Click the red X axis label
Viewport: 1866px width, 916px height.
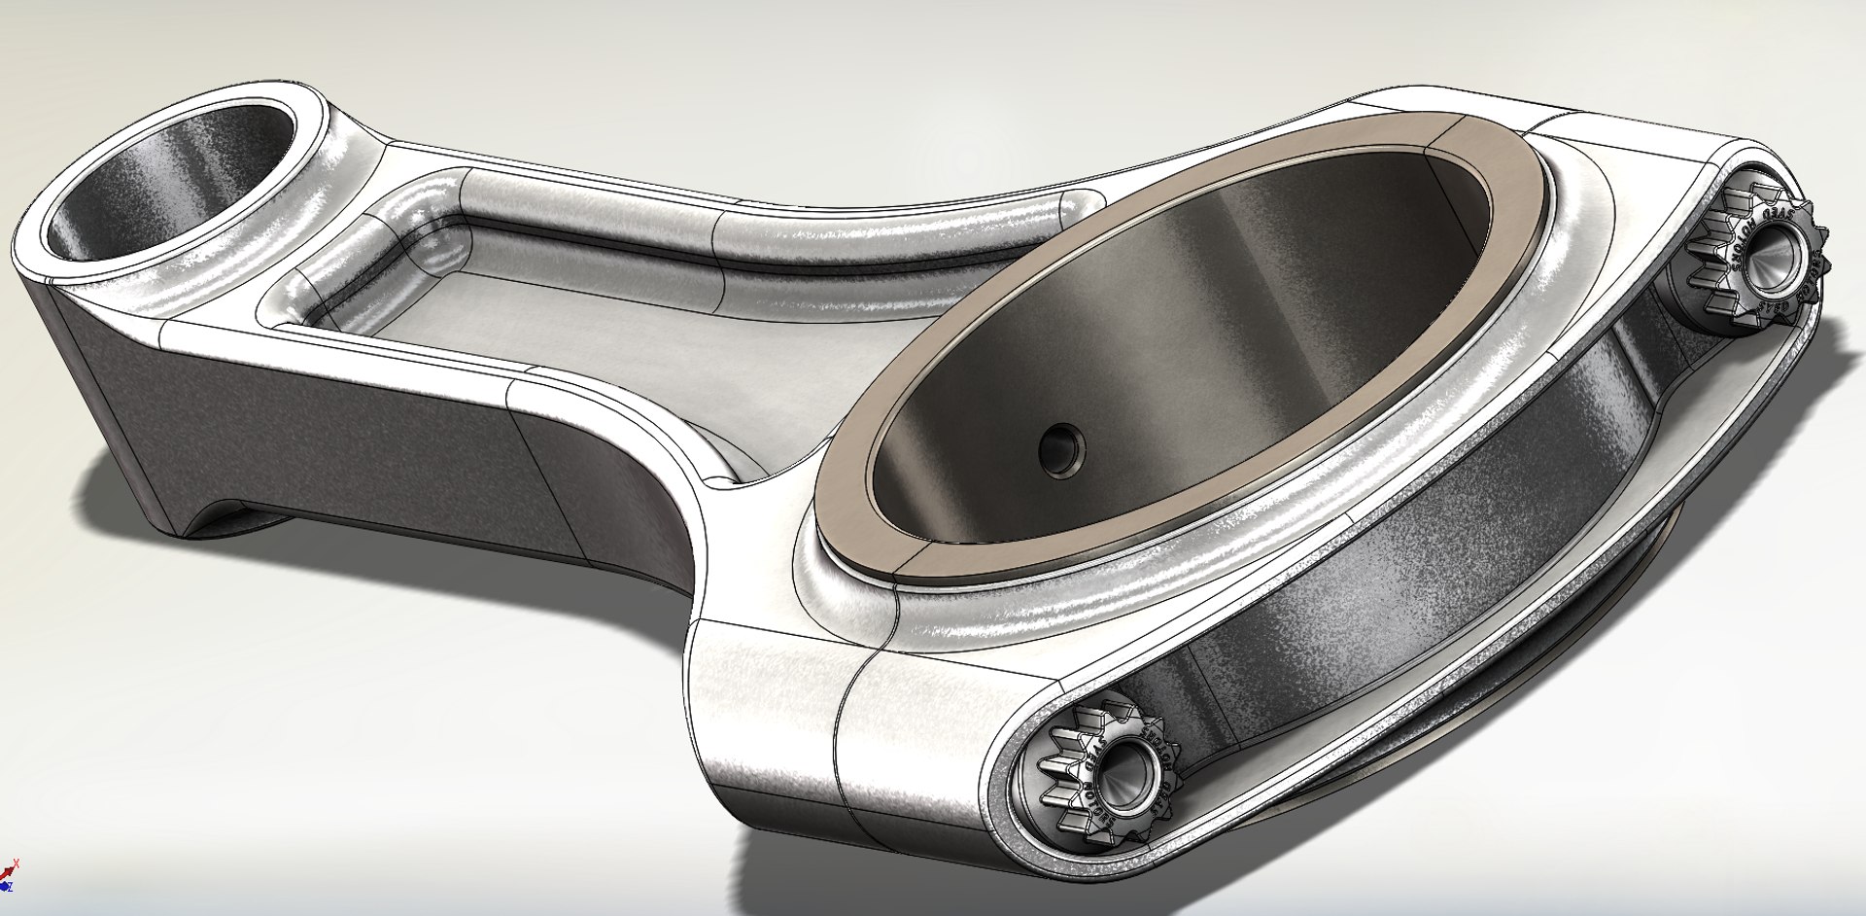click(x=16, y=863)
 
